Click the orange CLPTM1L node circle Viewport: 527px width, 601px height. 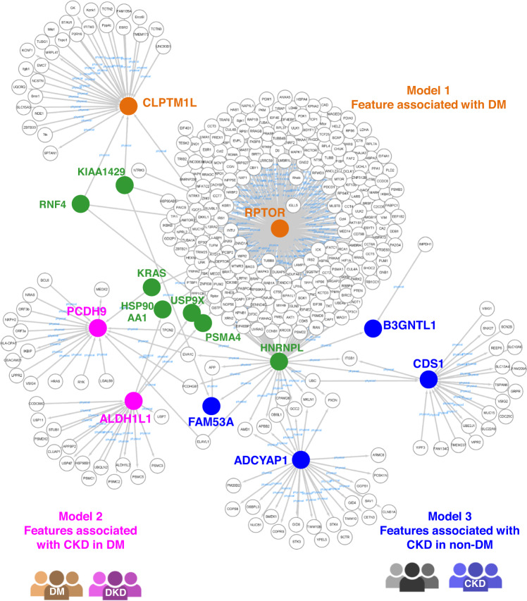(128, 106)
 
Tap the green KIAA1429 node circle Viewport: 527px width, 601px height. (124, 185)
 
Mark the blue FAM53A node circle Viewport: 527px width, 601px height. (211, 406)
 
